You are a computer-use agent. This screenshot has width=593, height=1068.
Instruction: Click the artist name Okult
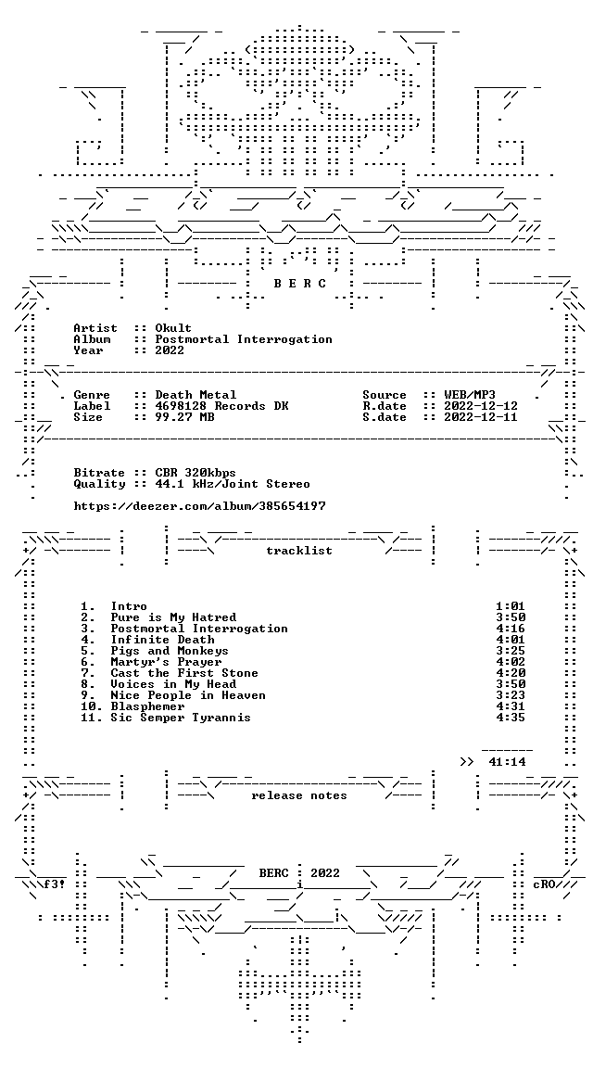pos(173,328)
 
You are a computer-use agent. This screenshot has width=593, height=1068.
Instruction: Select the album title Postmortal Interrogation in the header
pos(244,339)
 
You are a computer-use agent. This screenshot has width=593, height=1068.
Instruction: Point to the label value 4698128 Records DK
pos(222,406)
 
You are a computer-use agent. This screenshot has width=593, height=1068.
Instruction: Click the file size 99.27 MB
pos(184,417)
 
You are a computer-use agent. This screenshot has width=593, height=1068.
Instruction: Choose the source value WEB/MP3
pos(470,395)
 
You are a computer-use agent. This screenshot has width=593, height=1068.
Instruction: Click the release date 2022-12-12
pos(481,406)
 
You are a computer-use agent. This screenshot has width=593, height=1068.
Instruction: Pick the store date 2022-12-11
pos(481,417)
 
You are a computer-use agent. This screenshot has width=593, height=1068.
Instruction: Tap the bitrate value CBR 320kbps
pos(196,473)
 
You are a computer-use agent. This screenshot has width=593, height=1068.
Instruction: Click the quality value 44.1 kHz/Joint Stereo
pos(233,484)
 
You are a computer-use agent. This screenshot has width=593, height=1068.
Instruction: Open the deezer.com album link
pos(199,506)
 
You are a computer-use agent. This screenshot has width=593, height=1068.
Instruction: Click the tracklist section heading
pos(299,551)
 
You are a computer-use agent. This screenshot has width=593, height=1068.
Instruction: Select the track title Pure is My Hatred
pos(173,617)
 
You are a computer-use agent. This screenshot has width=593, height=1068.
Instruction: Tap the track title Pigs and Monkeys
pos(170,651)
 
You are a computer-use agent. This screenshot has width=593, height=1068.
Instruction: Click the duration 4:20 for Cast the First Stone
pos(511,673)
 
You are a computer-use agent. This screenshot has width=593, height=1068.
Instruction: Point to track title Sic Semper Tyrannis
pos(181,718)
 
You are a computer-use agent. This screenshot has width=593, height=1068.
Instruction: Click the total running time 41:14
pos(507,762)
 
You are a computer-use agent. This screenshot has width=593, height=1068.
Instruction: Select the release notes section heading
pos(299,795)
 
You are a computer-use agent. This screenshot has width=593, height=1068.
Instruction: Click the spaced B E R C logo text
pos(299,284)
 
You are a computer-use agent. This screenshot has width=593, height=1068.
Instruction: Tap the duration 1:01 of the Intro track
pos(511,606)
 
